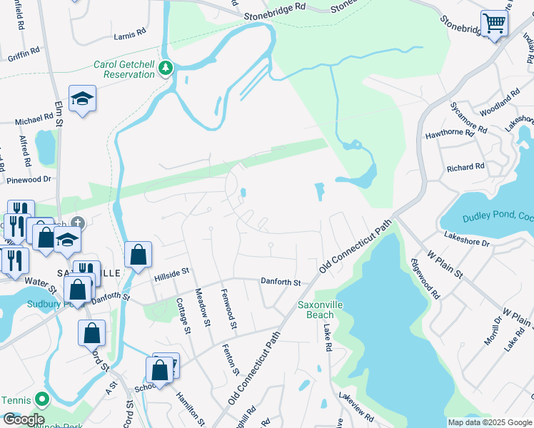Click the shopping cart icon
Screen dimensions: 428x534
(494, 24)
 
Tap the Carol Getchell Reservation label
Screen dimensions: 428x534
(124, 69)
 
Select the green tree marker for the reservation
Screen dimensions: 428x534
(166, 68)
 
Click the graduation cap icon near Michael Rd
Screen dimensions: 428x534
(82, 98)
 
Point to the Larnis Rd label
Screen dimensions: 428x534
(129, 34)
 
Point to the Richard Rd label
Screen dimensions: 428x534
(465, 168)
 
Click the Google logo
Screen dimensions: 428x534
(24, 419)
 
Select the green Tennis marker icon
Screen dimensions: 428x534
(42, 400)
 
